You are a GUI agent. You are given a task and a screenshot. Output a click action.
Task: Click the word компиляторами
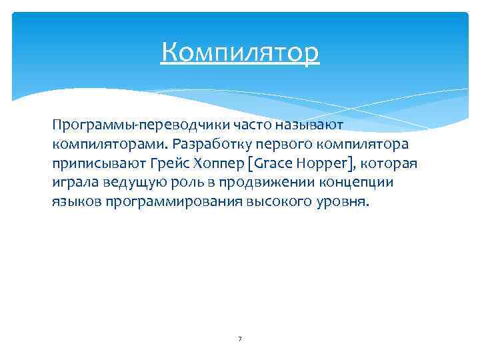(109, 144)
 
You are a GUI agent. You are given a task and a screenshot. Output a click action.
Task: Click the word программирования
(174, 201)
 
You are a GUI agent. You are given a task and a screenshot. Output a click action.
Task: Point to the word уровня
(340, 201)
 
